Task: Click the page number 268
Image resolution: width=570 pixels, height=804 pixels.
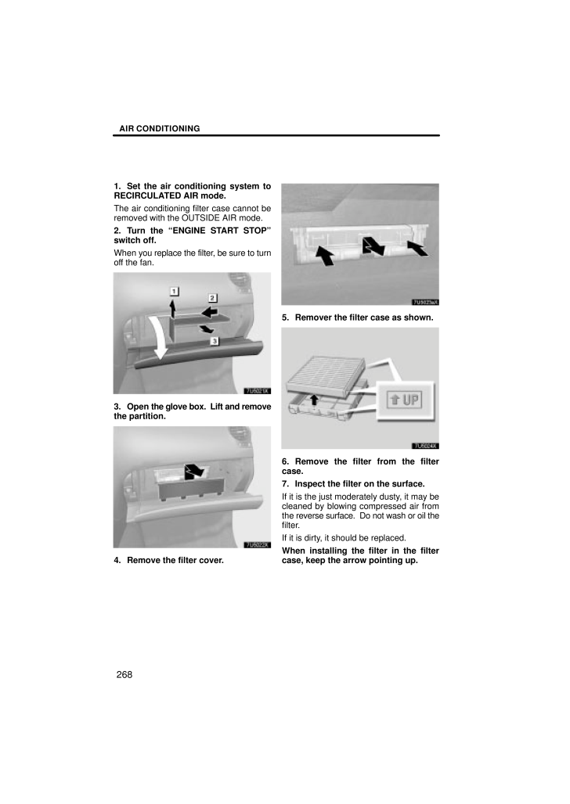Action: pyautogui.click(x=124, y=675)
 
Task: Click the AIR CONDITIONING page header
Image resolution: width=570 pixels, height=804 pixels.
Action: pyautogui.click(x=160, y=128)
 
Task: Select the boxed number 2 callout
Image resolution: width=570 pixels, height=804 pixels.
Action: pyautogui.click(x=211, y=298)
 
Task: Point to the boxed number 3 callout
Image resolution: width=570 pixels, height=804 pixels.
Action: pyautogui.click(x=213, y=340)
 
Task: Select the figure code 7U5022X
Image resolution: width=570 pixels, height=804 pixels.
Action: pyautogui.click(x=257, y=544)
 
